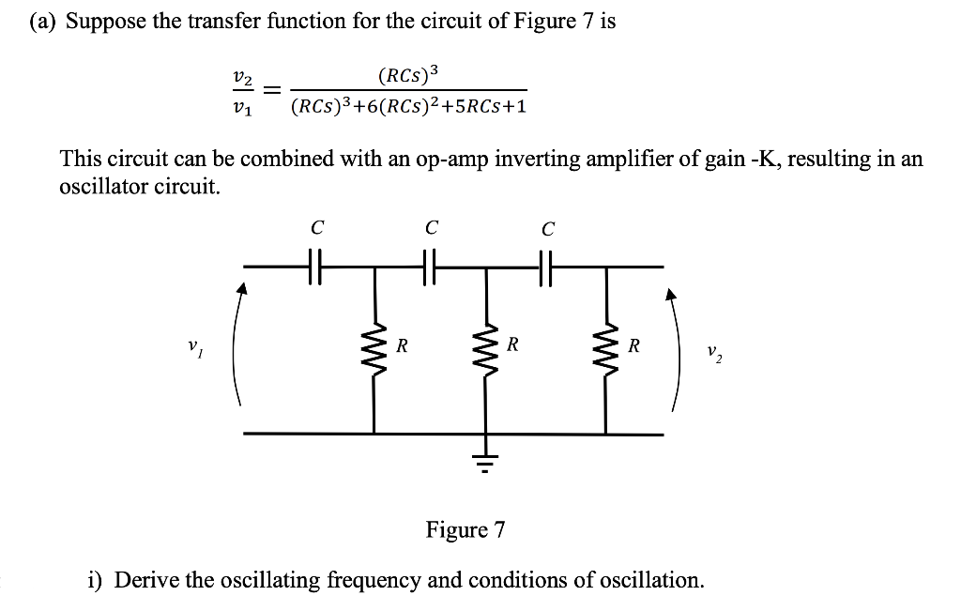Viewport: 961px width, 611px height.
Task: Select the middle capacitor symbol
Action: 431,267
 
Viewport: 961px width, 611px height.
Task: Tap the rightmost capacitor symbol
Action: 545,267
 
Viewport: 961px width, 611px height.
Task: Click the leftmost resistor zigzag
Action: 375,349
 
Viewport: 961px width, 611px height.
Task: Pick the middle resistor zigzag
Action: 486,349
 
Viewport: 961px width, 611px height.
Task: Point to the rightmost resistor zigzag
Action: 605,349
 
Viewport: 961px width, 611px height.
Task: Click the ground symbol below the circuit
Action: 486,461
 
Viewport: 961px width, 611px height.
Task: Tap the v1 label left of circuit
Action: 192,348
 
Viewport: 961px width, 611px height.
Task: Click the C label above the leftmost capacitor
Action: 317,226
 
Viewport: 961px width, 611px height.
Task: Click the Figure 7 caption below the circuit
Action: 465,530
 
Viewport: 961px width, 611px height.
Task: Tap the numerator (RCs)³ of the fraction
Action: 408,74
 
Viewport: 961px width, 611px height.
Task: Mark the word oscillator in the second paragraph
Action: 100,186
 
